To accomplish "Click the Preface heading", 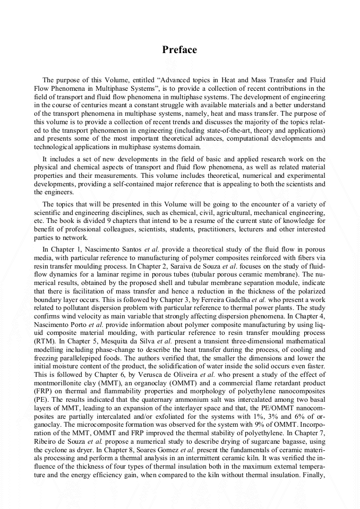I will pos(179,50).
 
